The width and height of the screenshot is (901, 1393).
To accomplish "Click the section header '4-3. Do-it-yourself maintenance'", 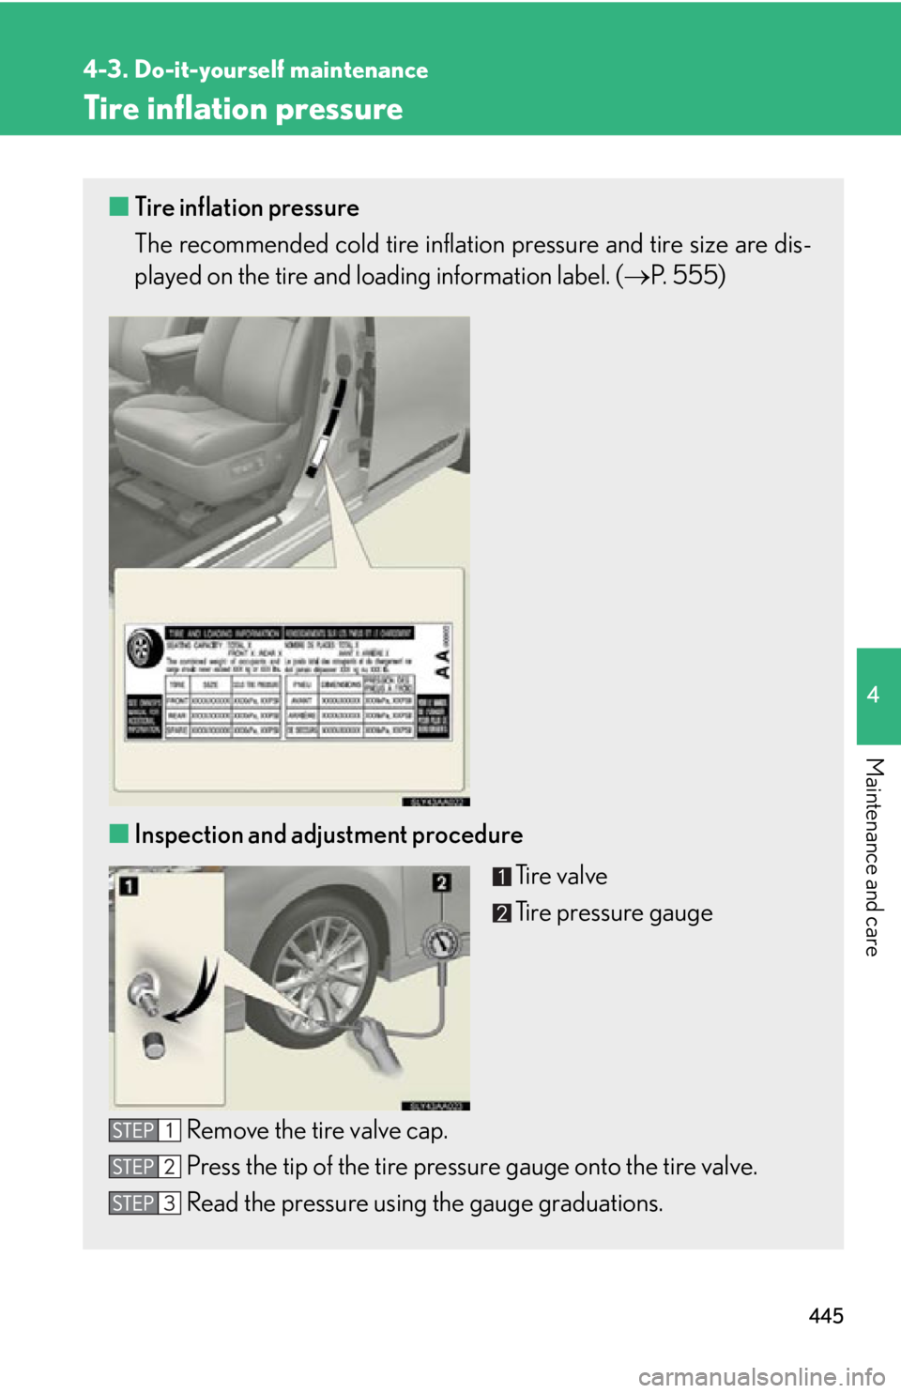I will (x=254, y=70).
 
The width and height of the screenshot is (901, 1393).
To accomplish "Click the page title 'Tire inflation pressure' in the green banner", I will (x=243, y=109).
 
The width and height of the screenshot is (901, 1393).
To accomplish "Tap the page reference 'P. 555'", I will (x=686, y=276).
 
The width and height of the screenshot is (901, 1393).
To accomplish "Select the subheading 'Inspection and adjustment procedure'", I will (x=328, y=834).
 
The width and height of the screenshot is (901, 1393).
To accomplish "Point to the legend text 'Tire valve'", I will (x=561, y=876).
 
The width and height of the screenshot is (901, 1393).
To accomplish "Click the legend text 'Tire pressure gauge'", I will (x=614, y=912).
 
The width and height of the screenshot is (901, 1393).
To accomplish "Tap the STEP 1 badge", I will (x=145, y=1130).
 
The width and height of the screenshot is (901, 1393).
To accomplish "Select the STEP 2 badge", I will (x=145, y=1167).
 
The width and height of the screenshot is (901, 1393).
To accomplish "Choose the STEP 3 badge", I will (x=145, y=1203).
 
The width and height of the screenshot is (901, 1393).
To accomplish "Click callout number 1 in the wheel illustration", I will (x=129, y=885).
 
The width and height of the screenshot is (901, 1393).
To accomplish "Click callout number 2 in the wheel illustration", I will (x=441, y=882).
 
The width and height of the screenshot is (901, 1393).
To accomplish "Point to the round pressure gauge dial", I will (x=440, y=942).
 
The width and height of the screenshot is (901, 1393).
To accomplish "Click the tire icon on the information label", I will (x=144, y=648).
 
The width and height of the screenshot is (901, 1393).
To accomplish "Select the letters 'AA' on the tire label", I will (x=442, y=664).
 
